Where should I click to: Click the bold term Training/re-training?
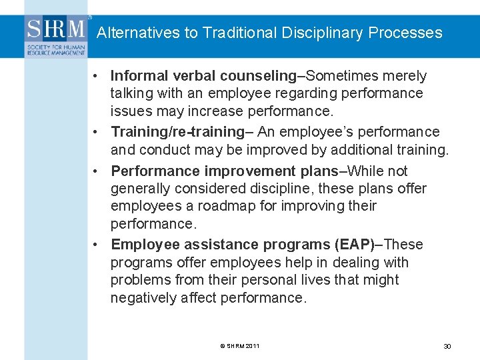(177, 132)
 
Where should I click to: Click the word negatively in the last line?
(144, 298)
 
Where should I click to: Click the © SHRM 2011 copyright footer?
(239, 346)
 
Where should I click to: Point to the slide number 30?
(447, 347)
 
